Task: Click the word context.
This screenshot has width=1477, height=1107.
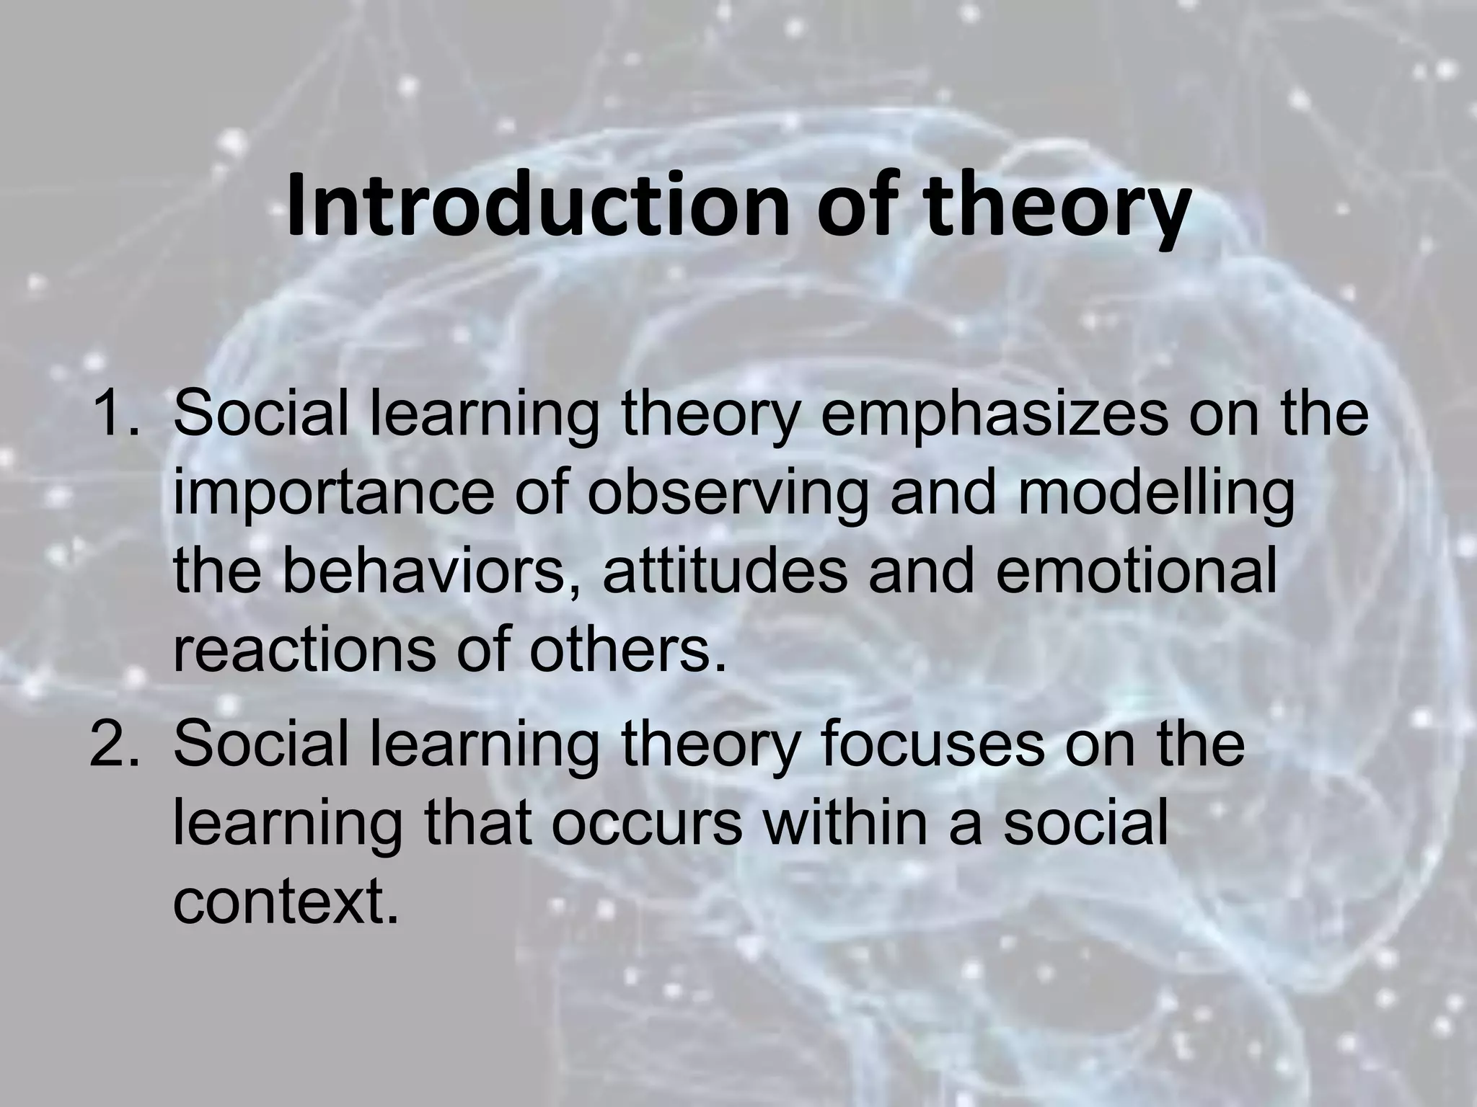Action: click(285, 903)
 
